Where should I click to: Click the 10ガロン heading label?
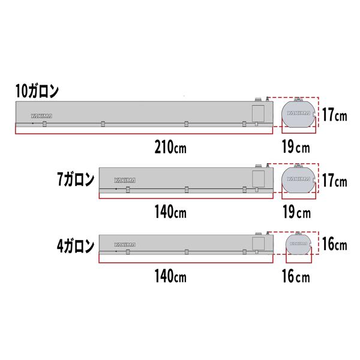37,91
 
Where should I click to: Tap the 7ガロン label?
76,179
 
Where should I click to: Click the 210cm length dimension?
170,147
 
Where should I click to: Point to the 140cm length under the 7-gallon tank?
170,212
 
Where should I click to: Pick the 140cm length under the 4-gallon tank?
170,276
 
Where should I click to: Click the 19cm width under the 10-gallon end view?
296,147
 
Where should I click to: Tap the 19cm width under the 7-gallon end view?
296,212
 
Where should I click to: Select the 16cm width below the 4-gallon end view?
296,276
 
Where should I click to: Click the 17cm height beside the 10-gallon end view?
335,115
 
